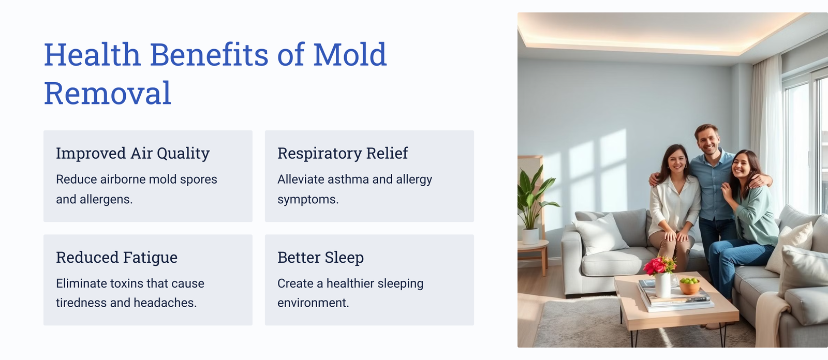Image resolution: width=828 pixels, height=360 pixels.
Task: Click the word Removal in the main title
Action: tap(108, 93)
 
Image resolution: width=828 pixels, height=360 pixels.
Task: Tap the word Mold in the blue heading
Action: tap(350, 55)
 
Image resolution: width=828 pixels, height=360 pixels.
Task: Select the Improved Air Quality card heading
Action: tap(132, 154)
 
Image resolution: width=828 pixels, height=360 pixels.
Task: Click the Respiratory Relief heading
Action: tap(343, 153)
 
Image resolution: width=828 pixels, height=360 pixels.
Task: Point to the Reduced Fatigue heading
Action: tap(117, 257)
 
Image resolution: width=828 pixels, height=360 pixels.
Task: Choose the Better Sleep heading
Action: tap(320, 257)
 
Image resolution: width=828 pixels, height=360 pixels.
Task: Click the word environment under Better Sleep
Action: tap(313, 303)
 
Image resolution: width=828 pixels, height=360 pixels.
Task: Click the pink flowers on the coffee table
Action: tap(659, 265)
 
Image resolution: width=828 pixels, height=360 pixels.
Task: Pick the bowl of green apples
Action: tap(689, 286)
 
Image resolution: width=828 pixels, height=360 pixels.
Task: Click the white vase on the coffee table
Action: tap(663, 284)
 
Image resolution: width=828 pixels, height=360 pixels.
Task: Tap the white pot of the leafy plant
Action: tap(530, 236)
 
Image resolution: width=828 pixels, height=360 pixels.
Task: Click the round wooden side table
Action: tap(533, 255)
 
